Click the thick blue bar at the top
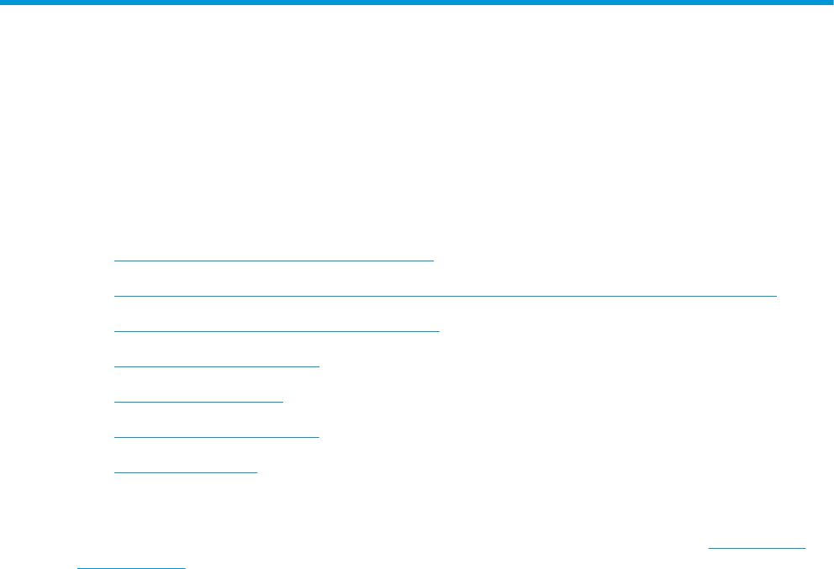(417, 3)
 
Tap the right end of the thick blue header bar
(831, 3)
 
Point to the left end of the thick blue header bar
(3, 3)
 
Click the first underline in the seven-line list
(273, 261)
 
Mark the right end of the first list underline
(433, 261)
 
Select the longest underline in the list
(446, 296)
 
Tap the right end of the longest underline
(777, 296)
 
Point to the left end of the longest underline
(114, 296)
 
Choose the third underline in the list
(277, 331)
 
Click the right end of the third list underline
(439, 331)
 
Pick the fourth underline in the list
(217, 366)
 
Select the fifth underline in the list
(198, 402)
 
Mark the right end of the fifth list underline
(283, 402)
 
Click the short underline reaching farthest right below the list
(757, 549)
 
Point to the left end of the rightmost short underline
(710, 549)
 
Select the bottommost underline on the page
(130, 566)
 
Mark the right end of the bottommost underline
(184, 566)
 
